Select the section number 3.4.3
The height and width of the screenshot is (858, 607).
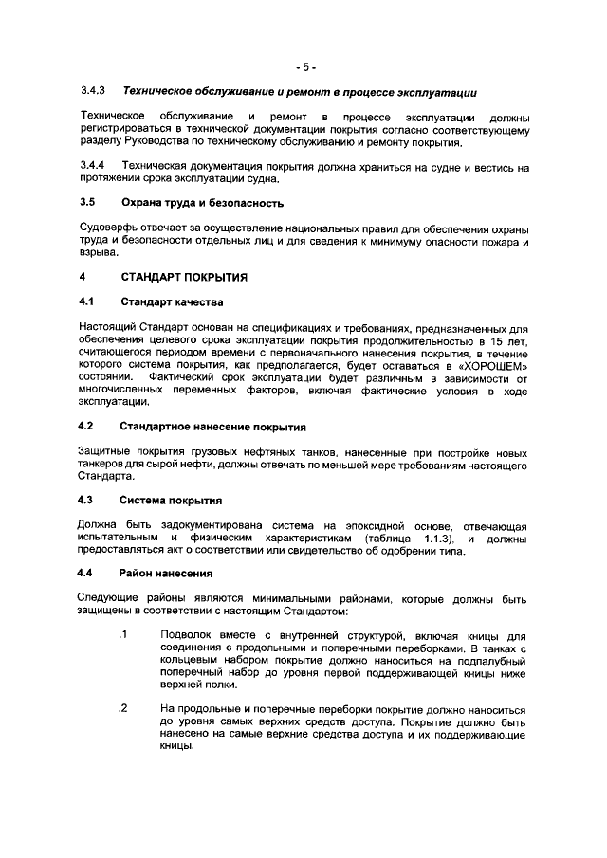92,92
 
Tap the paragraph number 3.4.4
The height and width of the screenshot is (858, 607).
92,166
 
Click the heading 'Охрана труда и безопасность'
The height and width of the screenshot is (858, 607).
202,203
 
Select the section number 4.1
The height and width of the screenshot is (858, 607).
87,302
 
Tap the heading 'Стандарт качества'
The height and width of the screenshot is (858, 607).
172,302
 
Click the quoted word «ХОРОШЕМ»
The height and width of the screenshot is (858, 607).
493,365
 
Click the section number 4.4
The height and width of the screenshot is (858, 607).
87,574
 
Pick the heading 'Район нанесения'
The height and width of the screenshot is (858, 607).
166,574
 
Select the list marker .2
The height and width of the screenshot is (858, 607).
122,708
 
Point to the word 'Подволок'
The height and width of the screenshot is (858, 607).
189,635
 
